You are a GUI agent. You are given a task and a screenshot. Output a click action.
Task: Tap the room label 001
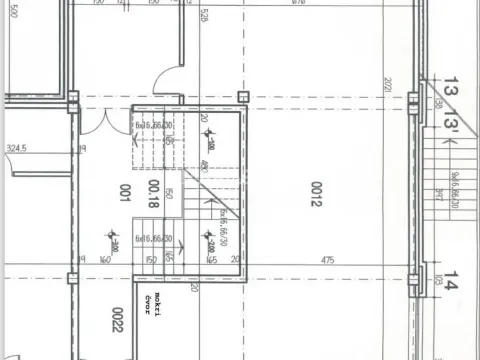(126, 191)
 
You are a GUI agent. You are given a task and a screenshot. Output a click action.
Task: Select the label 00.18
(153, 191)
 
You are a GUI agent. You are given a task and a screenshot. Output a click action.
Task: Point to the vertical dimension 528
(204, 15)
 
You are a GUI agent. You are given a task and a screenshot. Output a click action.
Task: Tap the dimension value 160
(104, 260)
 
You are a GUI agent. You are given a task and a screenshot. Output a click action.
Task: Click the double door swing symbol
(97, 121)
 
